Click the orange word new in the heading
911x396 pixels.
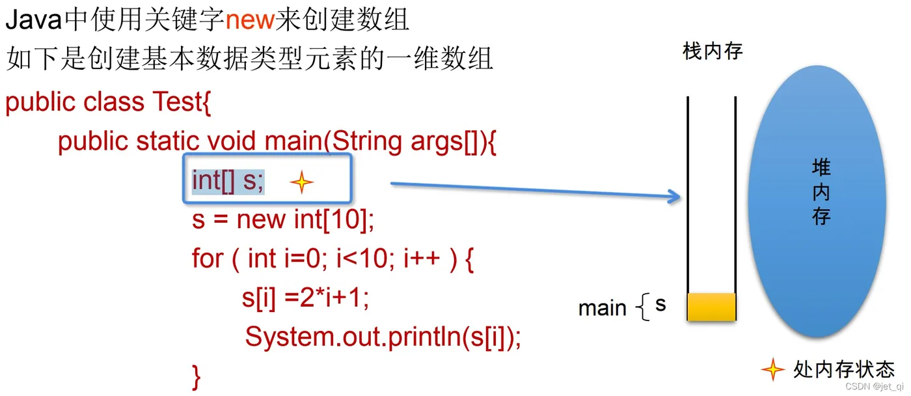tap(251, 20)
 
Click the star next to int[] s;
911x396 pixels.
tap(301, 183)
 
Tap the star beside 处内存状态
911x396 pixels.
tap(772, 369)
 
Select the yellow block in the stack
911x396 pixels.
tap(711, 307)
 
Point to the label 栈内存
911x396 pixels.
tap(713, 51)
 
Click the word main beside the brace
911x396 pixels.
tap(603, 307)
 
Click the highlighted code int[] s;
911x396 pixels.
tap(228, 180)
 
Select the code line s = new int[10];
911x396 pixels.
tap(283, 220)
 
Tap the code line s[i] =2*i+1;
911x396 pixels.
tap(305, 298)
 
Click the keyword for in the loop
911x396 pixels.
tap(207, 259)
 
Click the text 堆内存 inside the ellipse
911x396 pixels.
tap(821, 192)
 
